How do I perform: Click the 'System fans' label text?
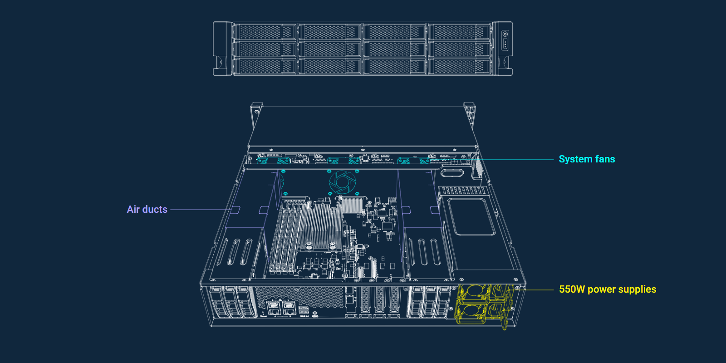pos(587,159)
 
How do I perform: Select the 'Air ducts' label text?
pos(147,209)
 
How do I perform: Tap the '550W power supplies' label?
pos(608,289)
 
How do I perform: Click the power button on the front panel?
pos(505,34)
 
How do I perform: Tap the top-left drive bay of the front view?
pos(265,32)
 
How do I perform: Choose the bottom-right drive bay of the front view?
pos(459,66)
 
